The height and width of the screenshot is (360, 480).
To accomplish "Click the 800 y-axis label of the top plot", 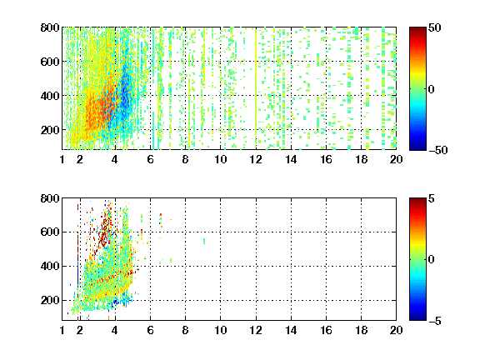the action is (x=50, y=27).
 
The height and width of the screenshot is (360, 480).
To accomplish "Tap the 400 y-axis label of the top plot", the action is (x=50, y=96).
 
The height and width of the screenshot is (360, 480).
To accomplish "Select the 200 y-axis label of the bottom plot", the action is (x=50, y=300).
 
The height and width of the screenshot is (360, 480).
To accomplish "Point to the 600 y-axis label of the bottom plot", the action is (x=50, y=232).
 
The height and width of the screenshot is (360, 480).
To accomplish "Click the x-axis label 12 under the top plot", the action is (x=256, y=159).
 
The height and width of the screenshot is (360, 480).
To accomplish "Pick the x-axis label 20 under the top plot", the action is (x=396, y=159).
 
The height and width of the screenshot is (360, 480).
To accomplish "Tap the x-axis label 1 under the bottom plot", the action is (x=62, y=330).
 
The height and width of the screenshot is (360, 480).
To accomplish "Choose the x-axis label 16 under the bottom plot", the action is (x=326, y=330).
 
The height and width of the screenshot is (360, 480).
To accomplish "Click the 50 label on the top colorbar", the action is (x=434, y=27).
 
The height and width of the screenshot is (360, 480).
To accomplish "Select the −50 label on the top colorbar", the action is (x=437, y=150).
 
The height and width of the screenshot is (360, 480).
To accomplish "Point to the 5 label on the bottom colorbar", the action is (x=432, y=198).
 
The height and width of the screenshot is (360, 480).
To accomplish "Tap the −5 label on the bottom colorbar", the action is (x=435, y=321).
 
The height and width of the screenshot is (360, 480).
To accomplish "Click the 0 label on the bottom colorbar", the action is (x=432, y=260).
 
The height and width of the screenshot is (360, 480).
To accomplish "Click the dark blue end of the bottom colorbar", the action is (x=417, y=318).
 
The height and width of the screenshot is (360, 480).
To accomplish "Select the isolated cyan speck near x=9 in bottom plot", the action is (x=204, y=241).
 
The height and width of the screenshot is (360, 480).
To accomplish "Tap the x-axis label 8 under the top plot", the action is (x=185, y=159).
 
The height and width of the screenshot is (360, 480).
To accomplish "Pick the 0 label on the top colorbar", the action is (x=432, y=89).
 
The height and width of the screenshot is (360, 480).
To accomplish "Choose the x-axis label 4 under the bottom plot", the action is (x=115, y=330).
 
